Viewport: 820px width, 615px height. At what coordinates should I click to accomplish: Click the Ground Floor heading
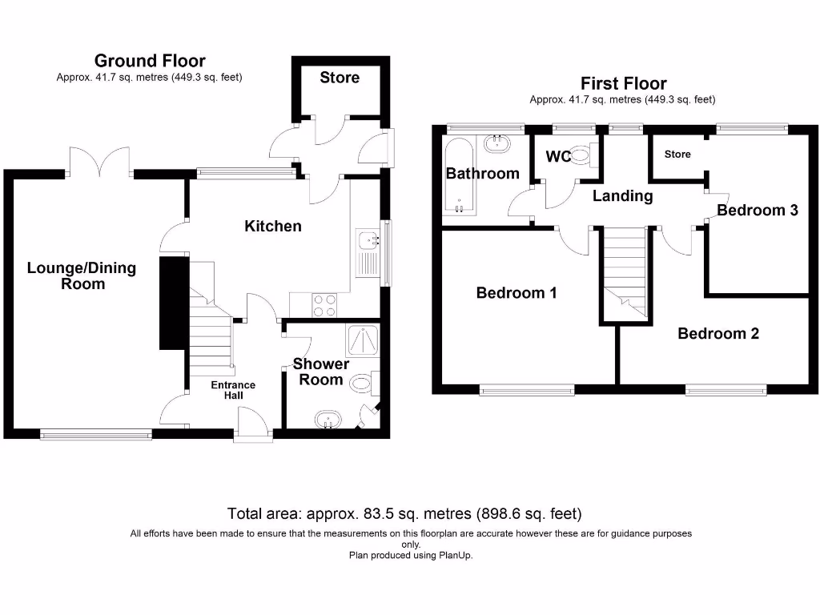click(150, 61)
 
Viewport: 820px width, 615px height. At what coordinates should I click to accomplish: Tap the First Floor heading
click(623, 83)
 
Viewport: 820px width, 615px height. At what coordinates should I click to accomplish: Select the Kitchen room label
click(273, 226)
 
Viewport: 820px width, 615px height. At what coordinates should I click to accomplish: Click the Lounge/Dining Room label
click(82, 275)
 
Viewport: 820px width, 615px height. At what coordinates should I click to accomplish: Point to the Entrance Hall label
click(233, 390)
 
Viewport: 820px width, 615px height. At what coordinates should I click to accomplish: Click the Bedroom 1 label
click(517, 293)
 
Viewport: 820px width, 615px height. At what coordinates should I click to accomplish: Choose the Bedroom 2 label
click(718, 333)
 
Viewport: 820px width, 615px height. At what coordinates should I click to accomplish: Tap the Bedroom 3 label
click(757, 211)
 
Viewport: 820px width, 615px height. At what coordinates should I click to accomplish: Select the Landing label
click(622, 195)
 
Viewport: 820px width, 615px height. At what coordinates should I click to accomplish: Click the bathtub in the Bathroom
click(460, 176)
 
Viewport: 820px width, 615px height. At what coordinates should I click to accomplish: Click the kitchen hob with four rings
click(324, 306)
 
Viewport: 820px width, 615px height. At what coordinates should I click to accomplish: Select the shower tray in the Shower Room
click(363, 341)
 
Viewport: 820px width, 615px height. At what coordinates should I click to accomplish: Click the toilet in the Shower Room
click(366, 384)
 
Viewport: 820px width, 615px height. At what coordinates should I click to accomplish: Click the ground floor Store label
click(340, 78)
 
